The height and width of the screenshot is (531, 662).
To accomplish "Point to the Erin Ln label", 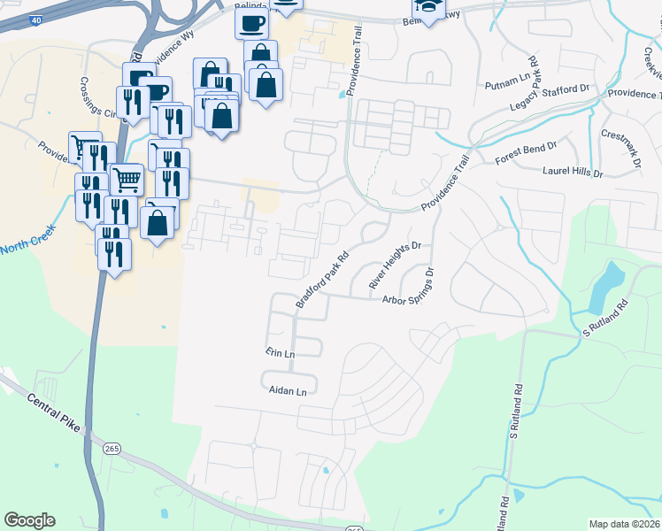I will tap(280, 352).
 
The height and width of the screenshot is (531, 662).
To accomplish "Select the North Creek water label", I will tap(27, 240).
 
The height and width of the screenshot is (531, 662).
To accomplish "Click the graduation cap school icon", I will tap(426, 9).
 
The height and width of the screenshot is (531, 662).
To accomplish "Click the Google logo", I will tap(29, 520).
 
